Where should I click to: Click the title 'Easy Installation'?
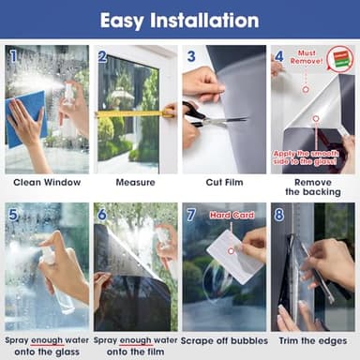tap(179, 19)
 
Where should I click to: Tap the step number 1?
tap(12, 55)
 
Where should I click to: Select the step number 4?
tap(278, 56)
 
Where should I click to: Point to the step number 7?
tap(190, 215)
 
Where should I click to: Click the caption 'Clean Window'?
tap(46, 182)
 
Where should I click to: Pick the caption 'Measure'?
tap(135, 182)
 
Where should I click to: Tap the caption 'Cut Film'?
tap(223, 182)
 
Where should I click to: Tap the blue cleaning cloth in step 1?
tap(28, 117)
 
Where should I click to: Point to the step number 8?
tap(278, 215)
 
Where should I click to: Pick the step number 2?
tap(101, 56)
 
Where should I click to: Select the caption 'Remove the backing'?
tap(312, 187)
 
